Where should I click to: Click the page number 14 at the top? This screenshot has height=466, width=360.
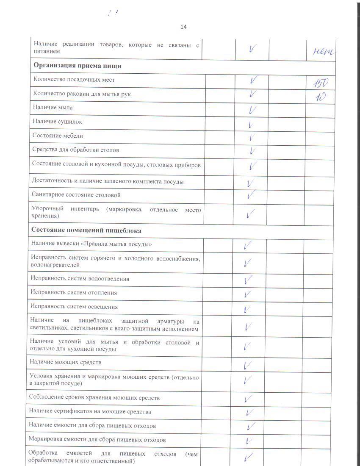click(x=183, y=27)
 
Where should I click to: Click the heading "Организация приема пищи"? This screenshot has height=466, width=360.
click(x=78, y=66)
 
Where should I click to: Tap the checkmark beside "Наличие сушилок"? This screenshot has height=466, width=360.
click(x=251, y=125)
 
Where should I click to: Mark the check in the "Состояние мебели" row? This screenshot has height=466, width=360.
click(x=252, y=137)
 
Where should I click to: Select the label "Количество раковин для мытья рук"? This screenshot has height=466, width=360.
click(x=82, y=94)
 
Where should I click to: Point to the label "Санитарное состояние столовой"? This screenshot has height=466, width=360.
click(x=76, y=195)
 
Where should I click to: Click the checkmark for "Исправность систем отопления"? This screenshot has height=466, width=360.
click(x=248, y=294)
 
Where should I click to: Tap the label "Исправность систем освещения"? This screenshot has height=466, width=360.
click(x=74, y=306)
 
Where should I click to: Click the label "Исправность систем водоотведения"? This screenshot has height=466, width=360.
click(x=80, y=278)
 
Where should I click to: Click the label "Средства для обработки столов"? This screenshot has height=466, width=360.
click(x=75, y=150)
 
